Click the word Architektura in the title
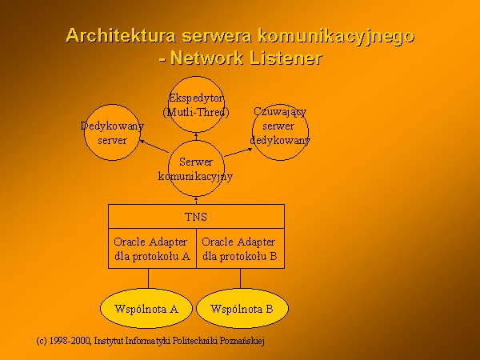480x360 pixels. [121, 35]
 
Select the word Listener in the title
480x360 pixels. [286, 58]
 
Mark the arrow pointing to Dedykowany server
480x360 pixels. [154, 146]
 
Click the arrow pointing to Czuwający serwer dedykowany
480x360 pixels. [238, 152]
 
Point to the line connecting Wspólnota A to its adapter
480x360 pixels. [149, 278]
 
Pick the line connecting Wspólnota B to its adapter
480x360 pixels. [240, 278]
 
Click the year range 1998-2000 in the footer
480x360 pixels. [70, 341]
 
